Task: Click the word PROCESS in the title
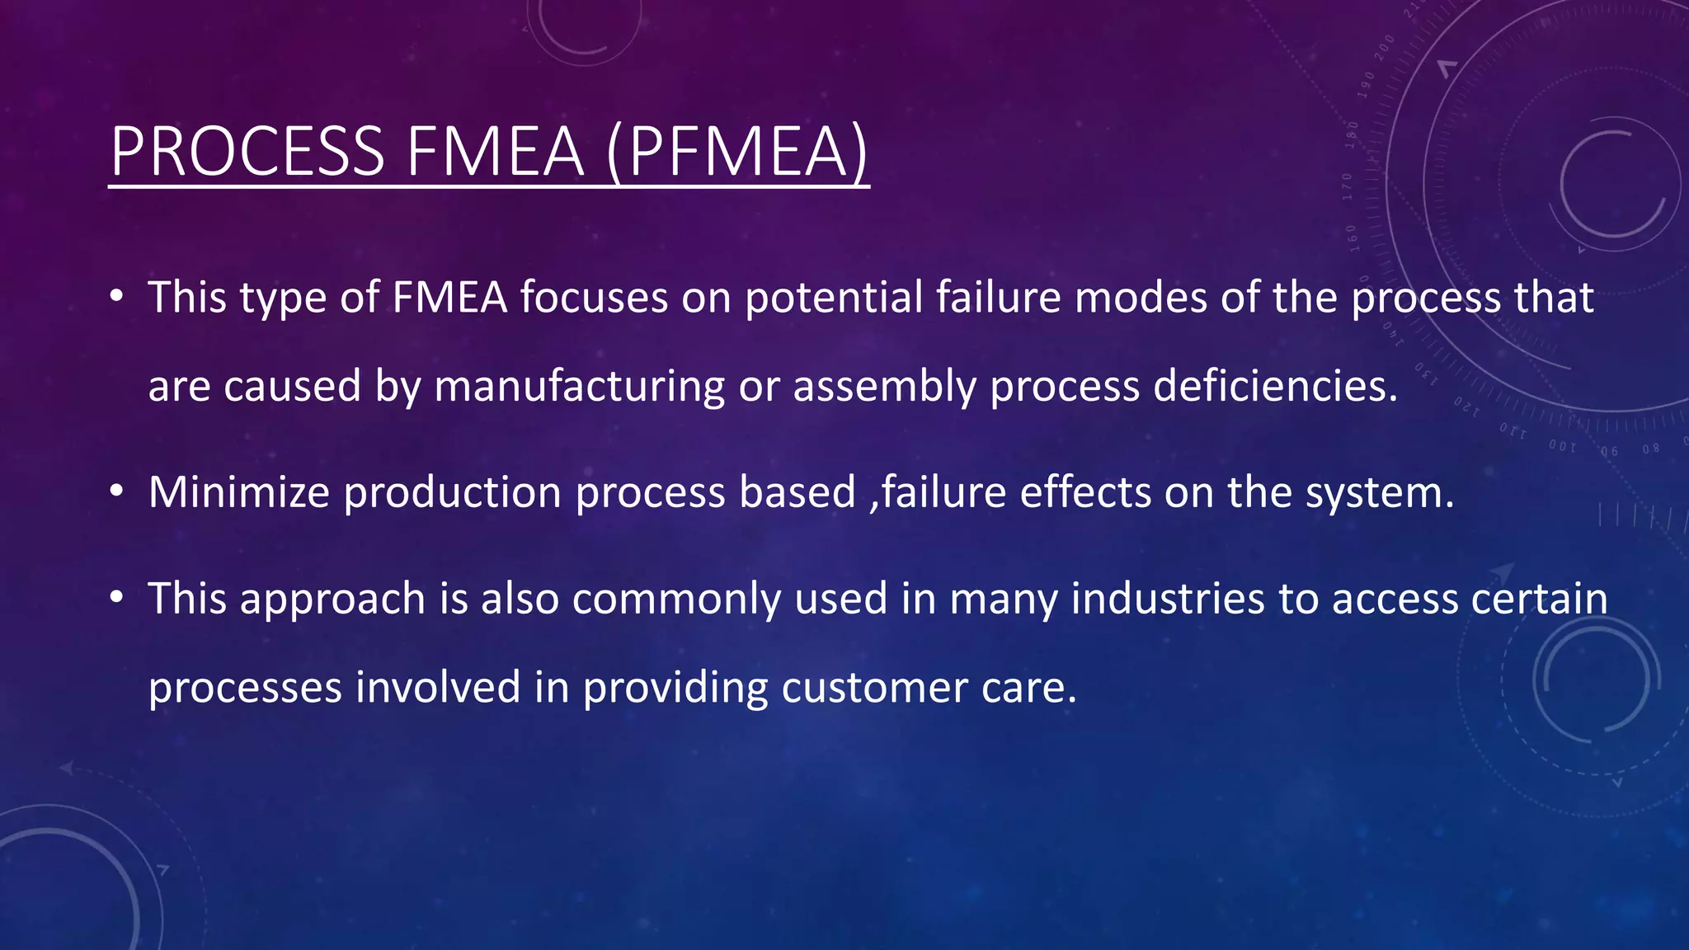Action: (x=247, y=152)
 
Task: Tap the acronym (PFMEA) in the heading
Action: (x=737, y=152)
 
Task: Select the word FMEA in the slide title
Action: (x=495, y=152)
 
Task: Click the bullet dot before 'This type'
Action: (x=116, y=296)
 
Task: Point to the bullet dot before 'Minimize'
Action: (x=116, y=491)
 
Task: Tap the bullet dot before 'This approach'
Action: (x=116, y=597)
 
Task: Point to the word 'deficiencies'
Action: (x=1275, y=385)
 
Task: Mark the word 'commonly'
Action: (x=676, y=600)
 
